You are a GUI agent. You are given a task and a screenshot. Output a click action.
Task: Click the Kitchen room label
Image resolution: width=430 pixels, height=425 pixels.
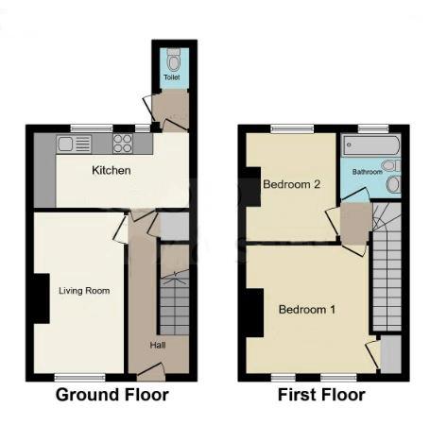click(111, 171)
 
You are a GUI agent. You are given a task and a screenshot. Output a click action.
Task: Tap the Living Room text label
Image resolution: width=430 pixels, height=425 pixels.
click(77, 291)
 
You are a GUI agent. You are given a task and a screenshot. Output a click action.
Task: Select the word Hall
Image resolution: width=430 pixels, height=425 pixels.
click(158, 345)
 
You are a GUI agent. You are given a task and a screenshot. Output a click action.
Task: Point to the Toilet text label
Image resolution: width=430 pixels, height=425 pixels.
click(171, 77)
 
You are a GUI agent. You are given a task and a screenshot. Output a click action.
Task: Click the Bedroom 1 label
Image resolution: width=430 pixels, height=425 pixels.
click(306, 309)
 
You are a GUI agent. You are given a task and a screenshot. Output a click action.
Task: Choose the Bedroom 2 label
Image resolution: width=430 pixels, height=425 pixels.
click(292, 184)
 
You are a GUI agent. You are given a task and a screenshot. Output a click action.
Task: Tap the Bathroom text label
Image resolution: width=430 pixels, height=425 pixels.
click(368, 173)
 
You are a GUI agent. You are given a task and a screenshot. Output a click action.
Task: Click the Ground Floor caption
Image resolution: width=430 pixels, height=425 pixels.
click(112, 395)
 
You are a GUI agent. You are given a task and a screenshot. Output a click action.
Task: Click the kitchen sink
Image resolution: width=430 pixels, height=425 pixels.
click(75, 144)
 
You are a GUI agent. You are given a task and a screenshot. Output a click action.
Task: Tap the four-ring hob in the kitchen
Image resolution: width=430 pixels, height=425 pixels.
click(124, 144)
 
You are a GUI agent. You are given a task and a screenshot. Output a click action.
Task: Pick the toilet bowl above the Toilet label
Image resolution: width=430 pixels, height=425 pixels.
click(172, 56)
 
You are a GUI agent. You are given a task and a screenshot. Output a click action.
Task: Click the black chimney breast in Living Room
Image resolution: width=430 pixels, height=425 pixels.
click(41, 298)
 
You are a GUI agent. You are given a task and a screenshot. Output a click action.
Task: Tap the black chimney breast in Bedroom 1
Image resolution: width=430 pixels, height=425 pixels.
click(255, 313)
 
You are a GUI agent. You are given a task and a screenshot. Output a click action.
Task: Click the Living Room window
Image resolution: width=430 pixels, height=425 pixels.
click(77, 377)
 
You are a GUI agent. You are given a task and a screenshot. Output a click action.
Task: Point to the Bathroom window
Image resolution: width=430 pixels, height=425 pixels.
click(373, 127)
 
